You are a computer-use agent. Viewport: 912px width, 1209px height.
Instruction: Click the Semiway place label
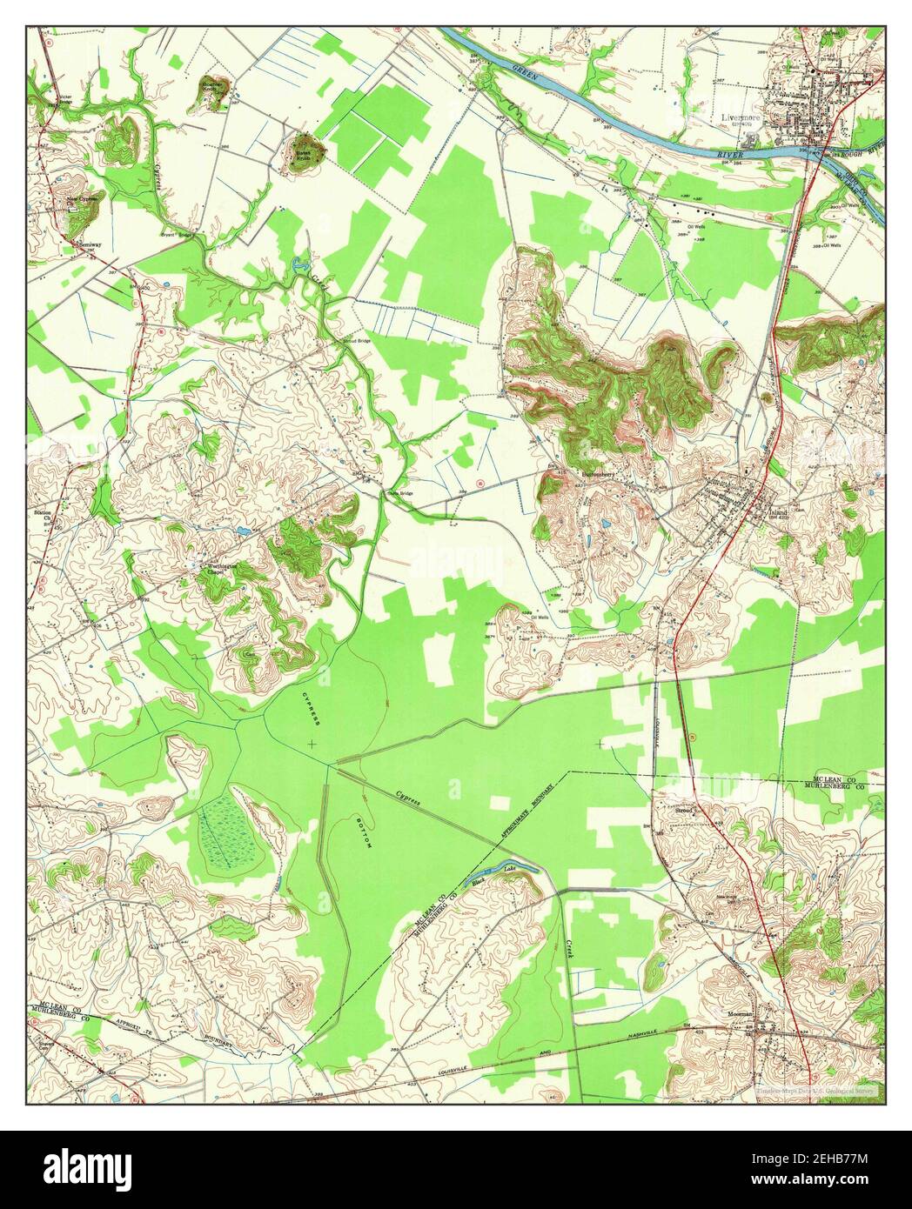(91, 244)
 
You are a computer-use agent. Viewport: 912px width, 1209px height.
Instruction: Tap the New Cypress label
(85, 201)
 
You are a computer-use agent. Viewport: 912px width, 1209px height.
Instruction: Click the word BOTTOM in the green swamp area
(362, 832)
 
